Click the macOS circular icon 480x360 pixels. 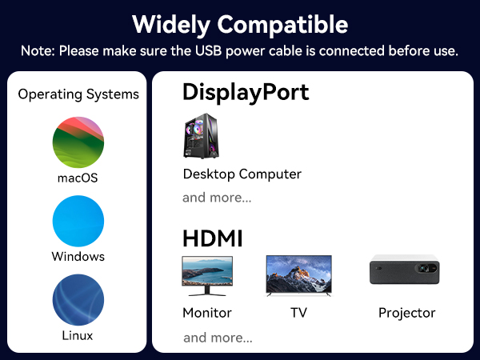[78, 142]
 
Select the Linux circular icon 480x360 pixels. [78, 299]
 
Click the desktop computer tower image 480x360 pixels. [199, 136]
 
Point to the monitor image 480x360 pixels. [207, 275]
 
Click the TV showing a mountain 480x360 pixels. [298, 275]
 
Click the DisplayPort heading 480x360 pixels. [246, 92]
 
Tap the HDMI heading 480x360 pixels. [213, 238]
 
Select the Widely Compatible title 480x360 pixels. [240, 24]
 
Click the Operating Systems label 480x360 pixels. [78, 94]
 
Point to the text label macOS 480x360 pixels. [78, 178]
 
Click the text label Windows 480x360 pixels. [78, 257]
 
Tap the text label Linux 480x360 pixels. [78, 335]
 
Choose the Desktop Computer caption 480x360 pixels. [242, 174]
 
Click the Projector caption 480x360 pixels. [406, 313]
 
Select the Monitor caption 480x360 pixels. [207, 313]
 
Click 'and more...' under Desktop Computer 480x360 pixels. [217, 198]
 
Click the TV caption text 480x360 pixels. [298, 313]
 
